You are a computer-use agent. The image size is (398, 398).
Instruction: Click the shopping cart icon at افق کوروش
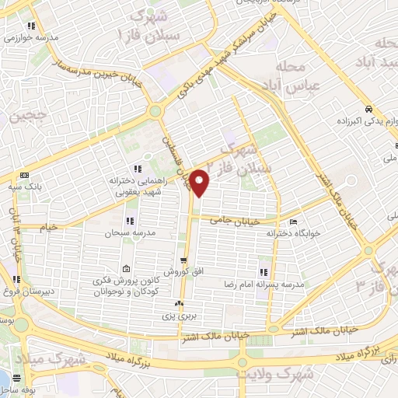[x=181, y=260]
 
